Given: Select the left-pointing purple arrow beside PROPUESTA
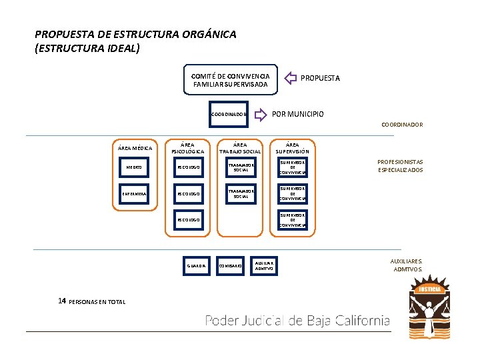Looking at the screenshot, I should [291, 78].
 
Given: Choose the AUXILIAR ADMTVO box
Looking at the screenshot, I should [265, 265].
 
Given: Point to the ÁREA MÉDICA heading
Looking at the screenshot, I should [135, 148].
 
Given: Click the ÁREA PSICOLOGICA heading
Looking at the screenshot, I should [188, 147].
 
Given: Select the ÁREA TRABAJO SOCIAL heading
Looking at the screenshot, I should [240, 147].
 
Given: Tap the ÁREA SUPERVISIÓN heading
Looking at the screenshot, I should [292, 147].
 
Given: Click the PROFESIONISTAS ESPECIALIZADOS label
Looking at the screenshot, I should [400, 166].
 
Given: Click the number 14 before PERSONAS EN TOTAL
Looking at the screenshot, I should [62, 301].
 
